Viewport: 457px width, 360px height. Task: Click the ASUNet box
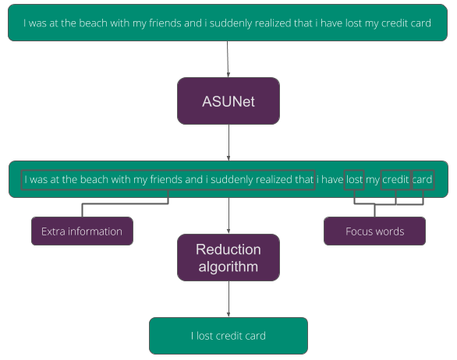coord(228,101)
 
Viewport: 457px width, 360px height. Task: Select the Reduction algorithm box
coord(228,258)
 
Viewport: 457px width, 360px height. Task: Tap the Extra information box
coord(82,231)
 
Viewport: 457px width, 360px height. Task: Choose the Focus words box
coord(374,231)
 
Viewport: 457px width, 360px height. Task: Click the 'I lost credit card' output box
coord(228,336)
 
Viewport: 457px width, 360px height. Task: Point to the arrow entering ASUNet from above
coord(228,59)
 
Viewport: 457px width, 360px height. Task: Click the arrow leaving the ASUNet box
coord(228,143)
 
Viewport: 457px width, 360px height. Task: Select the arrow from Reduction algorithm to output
coord(228,299)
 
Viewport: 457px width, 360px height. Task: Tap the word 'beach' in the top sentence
coord(94,23)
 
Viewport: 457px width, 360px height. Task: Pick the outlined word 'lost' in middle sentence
coord(354,180)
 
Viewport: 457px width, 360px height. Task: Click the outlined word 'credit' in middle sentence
coord(395,180)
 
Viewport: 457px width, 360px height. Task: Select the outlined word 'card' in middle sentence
coord(422,180)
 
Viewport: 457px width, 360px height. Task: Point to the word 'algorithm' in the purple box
coord(228,266)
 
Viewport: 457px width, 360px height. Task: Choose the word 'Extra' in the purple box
coord(54,231)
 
